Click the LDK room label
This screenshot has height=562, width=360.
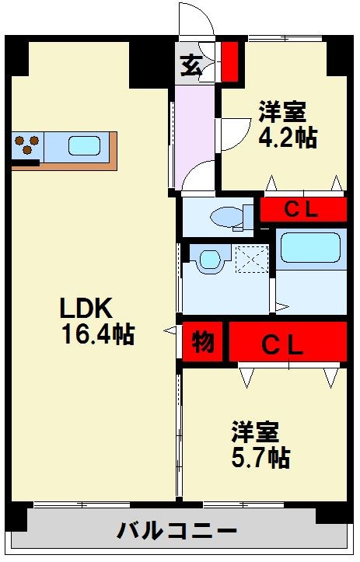point(88,309)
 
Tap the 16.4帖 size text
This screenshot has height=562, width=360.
point(98,335)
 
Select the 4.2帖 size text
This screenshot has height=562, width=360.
point(287,138)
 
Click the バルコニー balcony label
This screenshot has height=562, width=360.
point(177,532)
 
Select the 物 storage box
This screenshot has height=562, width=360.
point(203,342)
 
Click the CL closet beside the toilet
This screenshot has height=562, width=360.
point(302,210)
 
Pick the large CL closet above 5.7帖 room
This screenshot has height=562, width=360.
point(287,343)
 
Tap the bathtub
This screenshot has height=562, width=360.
point(310,248)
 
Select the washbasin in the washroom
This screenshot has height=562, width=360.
point(208,260)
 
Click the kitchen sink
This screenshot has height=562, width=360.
point(83,146)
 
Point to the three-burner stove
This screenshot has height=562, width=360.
point(27,146)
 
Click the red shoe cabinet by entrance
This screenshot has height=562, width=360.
point(229,61)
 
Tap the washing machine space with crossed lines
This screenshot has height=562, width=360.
point(250,259)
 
